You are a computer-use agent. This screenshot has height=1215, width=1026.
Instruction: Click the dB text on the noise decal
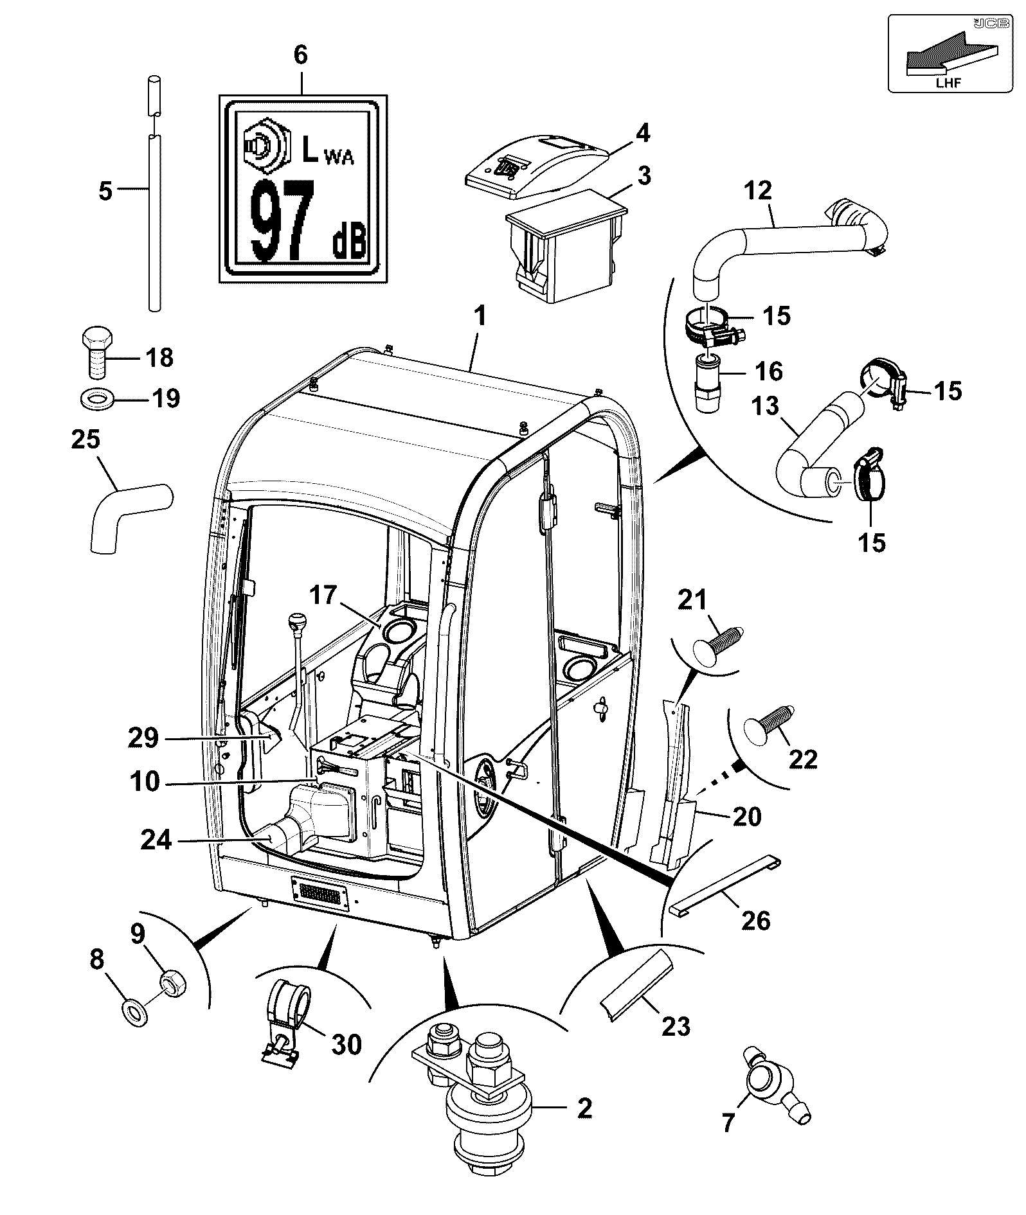click(x=348, y=243)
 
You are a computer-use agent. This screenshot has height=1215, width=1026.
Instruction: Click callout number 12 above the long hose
click(x=759, y=191)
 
